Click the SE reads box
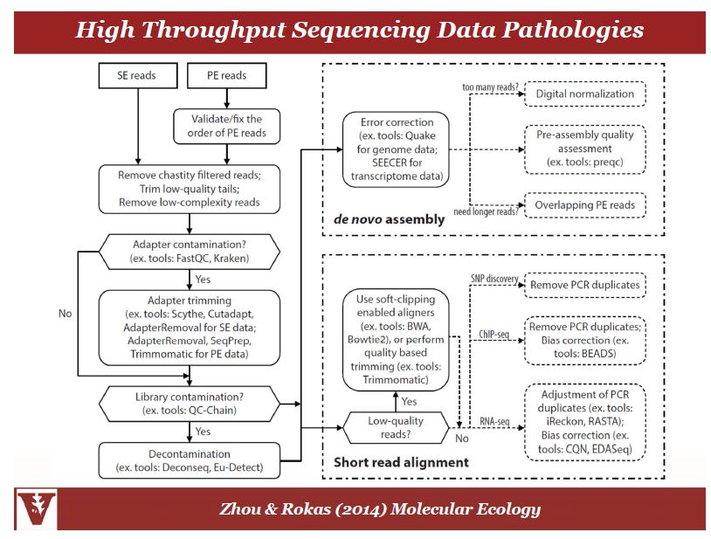click(137, 75)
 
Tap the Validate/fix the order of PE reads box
click(227, 126)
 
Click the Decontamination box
click(190, 461)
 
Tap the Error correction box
click(398, 149)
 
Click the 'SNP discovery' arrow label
click(492, 279)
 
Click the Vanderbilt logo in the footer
click(36, 509)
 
